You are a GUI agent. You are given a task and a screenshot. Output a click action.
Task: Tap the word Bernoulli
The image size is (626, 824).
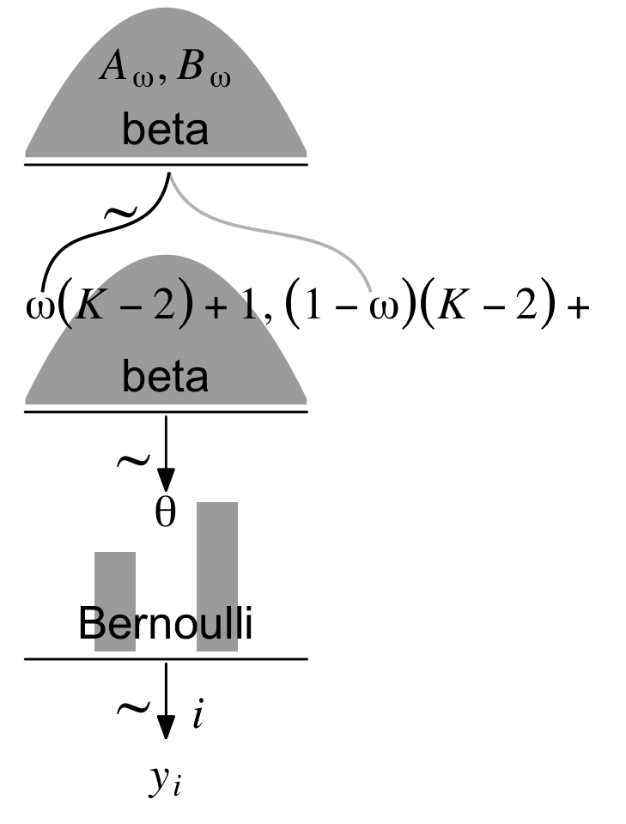[165, 624]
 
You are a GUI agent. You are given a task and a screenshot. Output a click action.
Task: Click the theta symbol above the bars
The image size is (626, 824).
[165, 512]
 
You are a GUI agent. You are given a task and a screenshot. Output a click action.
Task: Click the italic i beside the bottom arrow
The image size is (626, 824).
[197, 715]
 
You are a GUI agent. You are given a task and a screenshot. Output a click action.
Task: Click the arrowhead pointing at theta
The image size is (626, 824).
[165, 480]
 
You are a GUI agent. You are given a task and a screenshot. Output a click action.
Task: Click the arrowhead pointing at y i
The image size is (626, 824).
[165, 728]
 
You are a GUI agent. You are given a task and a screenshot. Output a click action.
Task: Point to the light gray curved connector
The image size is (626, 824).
[283, 230]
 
